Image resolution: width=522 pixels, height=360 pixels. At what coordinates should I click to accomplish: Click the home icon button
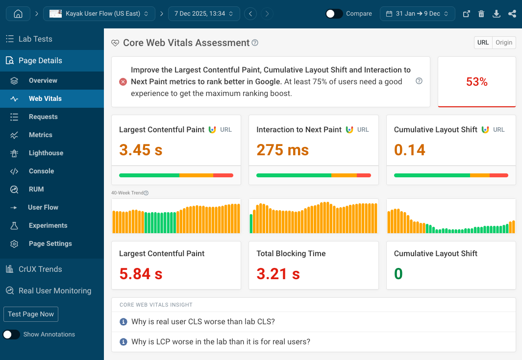point(18,14)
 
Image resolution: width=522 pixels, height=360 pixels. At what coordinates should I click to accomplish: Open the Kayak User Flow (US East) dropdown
point(99,14)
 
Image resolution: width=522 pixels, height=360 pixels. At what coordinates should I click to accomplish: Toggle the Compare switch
point(334,14)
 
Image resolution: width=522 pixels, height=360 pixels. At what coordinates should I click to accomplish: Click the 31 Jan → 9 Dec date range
point(417,14)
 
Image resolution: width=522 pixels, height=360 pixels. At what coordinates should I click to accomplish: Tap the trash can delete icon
point(481,14)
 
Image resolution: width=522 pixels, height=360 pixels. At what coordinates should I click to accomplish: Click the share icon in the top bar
point(512,14)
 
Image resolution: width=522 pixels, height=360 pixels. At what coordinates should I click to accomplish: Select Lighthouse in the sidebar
point(46,153)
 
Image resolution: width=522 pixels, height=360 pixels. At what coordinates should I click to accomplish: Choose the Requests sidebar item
point(43,117)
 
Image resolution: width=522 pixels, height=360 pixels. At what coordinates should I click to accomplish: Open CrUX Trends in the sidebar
point(40,269)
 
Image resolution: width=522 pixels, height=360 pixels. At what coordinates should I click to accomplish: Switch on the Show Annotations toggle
point(11,335)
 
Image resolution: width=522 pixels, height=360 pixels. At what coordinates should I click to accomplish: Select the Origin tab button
point(504,43)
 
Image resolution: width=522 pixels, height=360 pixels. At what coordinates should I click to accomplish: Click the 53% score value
point(476,82)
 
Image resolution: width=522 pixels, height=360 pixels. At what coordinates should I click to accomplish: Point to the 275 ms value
point(283,150)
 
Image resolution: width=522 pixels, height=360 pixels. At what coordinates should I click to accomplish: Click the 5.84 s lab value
point(141,274)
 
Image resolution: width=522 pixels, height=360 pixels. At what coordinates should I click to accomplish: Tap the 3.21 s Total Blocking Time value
point(278,274)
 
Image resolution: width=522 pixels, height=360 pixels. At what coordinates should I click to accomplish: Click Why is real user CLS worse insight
point(203,322)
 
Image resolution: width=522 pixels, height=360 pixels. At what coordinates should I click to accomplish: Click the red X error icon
point(123,82)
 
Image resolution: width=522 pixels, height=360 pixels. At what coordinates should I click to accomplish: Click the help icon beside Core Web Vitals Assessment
point(255,43)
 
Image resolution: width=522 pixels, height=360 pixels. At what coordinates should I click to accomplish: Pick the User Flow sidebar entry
point(43,207)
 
